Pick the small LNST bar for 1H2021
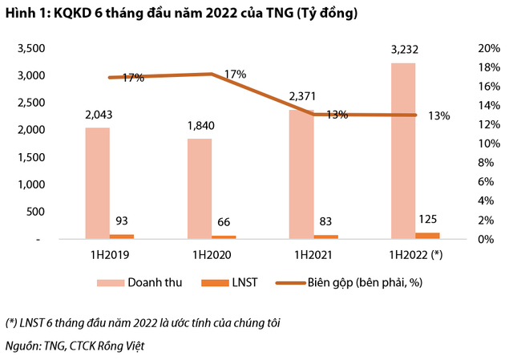(x=326, y=237)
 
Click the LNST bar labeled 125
(x=427, y=235)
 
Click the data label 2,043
(x=98, y=115)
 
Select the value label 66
(x=224, y=221)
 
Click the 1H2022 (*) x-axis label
(x=415, y=254)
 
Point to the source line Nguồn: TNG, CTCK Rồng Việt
(x=76, y=346)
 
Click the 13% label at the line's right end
(x=439, y=115)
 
